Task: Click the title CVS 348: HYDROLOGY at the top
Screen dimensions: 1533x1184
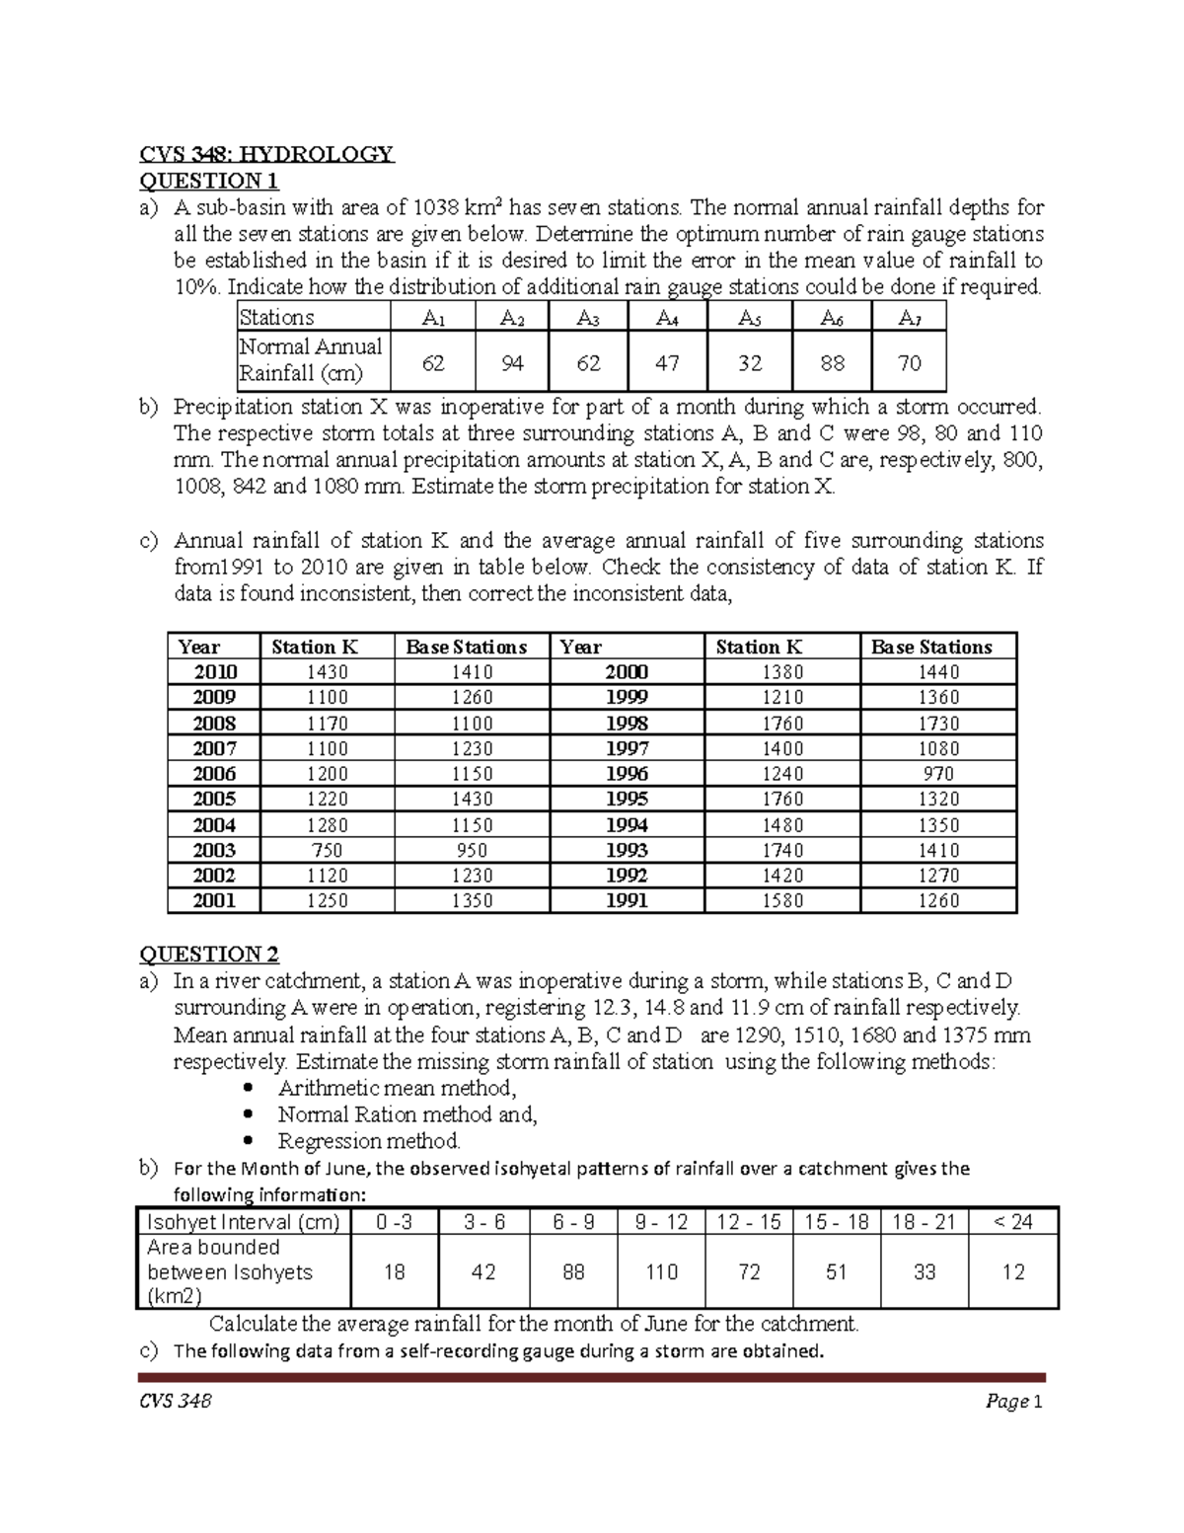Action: coord(266,154)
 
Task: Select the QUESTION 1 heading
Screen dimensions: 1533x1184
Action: coord(209,181)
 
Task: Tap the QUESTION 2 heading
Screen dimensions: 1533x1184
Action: coord(209,955)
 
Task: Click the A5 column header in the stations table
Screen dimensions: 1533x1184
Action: coord(750,318)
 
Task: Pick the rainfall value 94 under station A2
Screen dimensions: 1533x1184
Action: coord(511,363)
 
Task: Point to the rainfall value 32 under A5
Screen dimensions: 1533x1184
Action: coord(750,363)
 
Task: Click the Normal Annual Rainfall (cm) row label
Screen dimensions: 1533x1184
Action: coord(311,360)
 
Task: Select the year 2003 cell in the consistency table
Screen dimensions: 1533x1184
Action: coord(214,850)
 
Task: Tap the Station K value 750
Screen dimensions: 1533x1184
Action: coord(327,850)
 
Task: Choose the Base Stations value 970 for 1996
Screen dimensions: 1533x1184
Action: coord(937,774)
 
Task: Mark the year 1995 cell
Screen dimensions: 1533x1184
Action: coord(627,799)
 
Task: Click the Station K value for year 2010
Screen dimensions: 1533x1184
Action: coord(327,672)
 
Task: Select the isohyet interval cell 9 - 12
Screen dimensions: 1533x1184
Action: coord(661,1222)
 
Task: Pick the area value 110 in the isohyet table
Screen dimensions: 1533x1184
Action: coord(661,1272)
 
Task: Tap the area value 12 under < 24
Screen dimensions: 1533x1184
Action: coord(1013,1272)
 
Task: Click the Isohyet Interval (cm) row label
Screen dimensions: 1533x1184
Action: coord(243,1222)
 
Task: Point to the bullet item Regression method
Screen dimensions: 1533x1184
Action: coord(369,1141)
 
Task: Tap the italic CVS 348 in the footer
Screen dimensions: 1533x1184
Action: coord(175,1402)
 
